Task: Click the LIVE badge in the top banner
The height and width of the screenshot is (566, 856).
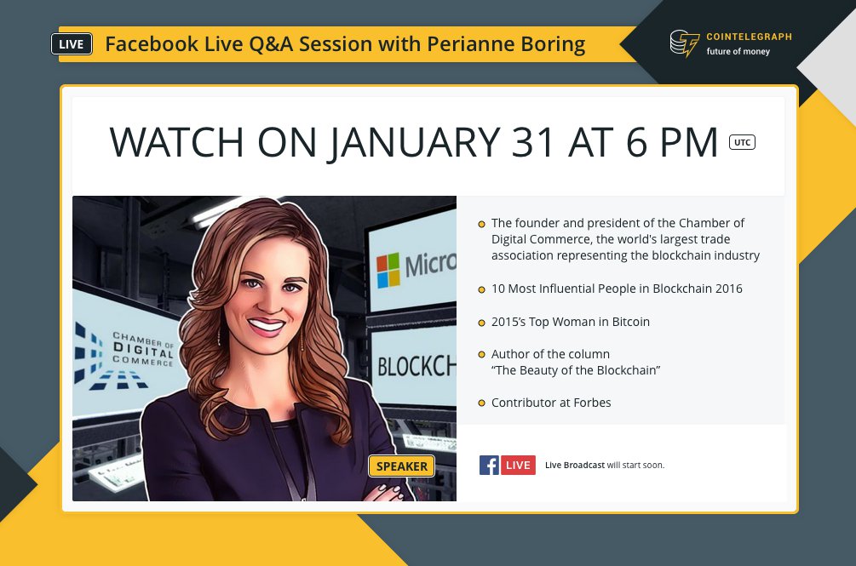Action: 72,44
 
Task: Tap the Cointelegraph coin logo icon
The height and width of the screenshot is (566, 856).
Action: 684,43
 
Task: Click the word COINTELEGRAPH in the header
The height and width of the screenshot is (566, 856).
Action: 749,37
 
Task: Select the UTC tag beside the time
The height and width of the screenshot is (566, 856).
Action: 742,142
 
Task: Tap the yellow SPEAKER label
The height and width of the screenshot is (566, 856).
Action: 402,466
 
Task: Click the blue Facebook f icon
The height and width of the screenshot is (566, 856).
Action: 489,465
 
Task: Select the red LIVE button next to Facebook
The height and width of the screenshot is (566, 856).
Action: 518,465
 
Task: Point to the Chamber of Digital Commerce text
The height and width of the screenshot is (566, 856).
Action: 142,349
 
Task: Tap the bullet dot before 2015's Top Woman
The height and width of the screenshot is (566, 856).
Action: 482,323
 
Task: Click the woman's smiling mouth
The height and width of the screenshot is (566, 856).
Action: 267,325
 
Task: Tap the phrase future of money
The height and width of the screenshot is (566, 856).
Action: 738,52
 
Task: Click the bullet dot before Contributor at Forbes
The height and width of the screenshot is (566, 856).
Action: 482,403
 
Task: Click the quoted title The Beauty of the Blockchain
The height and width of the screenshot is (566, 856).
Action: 576,370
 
